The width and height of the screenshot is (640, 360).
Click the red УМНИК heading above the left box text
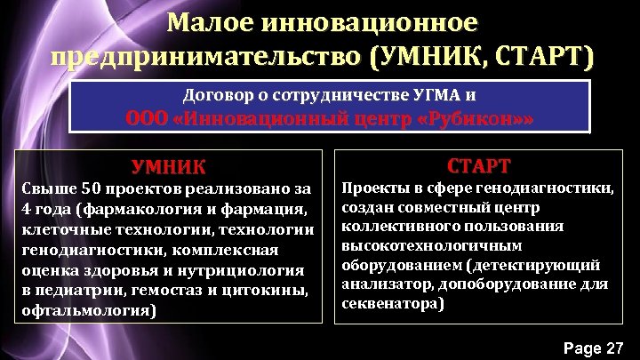(168, 166)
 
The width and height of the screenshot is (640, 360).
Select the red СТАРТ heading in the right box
(478, 165)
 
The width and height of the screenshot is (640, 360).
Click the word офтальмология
(85, 310)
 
